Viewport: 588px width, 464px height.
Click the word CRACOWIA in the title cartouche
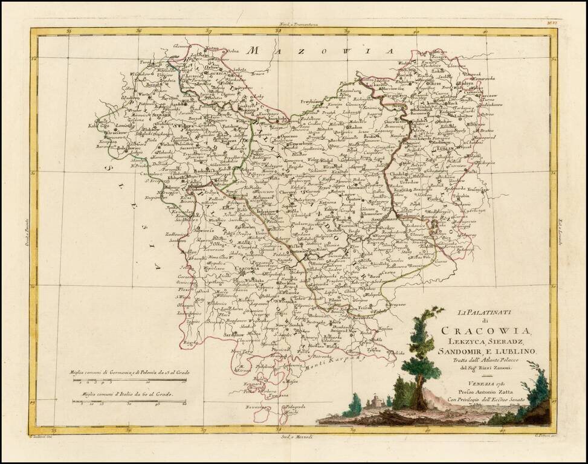pyautogui.click(x=486, y=330)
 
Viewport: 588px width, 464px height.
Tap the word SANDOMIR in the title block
pyautogui.click(x=463, y=351)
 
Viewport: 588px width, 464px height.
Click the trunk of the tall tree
pyautogui.click(x=419, y=387)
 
